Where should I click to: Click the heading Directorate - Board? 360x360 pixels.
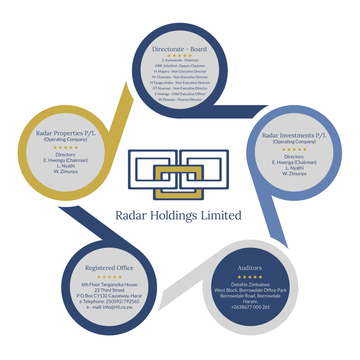(x=179, y=49)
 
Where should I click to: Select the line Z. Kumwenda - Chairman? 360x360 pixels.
(x=180, y=60)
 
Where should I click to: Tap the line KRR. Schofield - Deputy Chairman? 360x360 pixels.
(x=180, y=66)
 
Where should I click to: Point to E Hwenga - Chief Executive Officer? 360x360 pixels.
(x=180, y=94)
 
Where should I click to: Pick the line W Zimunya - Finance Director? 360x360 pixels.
(x=180, y=99)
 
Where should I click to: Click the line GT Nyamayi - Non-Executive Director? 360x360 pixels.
(x=180, y=88)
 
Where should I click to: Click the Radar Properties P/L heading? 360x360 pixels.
(x=66, y=133)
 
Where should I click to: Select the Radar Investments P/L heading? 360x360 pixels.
(x=294, y=135)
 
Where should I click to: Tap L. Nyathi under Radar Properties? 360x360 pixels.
(x=66, y=166)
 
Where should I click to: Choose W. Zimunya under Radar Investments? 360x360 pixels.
(x=294, y=174)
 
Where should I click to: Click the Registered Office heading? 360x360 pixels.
(x=109, y=268)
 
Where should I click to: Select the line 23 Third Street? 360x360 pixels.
(x=109, y=290)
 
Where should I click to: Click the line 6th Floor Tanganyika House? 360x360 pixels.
(x=109, y=285)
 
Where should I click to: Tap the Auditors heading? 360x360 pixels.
(x=250, y=268)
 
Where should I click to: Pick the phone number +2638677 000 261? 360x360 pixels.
(x=250, y=307)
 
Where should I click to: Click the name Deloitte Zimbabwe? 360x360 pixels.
(x=250, y=285)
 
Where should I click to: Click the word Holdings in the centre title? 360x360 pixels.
(x=174, y=216)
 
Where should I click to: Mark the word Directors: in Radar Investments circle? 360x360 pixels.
(x=294, y=157)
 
